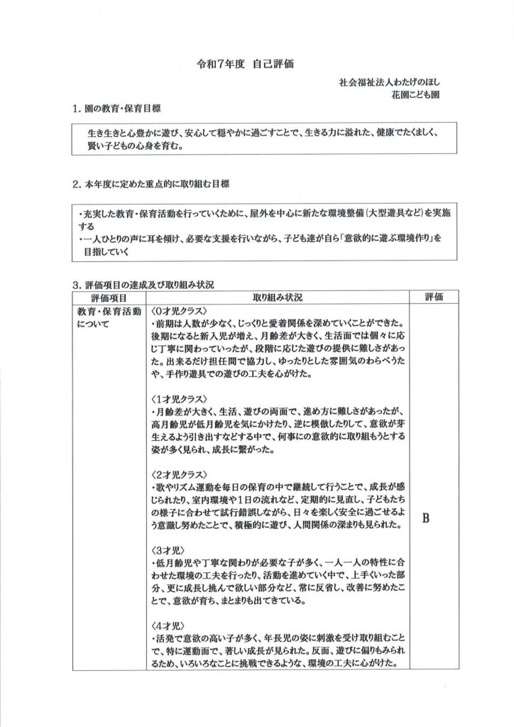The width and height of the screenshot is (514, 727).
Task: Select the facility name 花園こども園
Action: click(415, 94)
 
